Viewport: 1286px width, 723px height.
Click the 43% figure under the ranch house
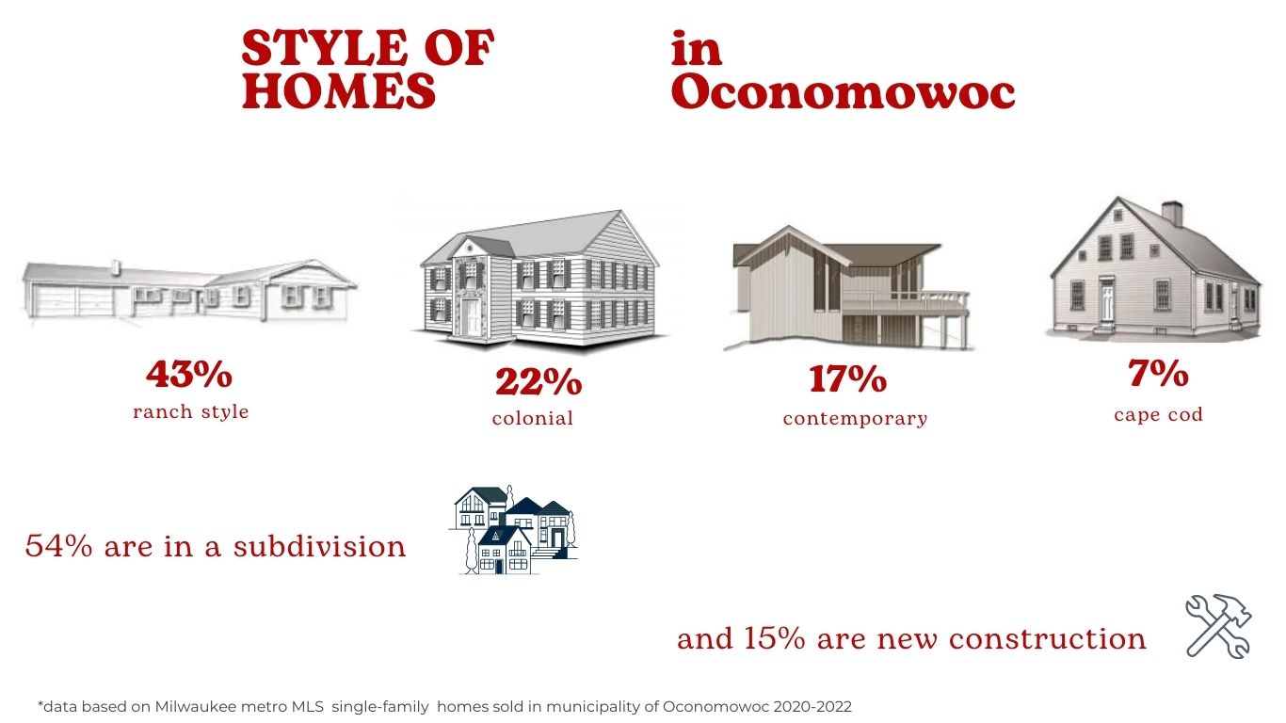click(x=189, y=374)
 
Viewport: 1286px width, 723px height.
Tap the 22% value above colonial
click(x=539, y=381)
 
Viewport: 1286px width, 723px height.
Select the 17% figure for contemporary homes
click(x=847, y=379)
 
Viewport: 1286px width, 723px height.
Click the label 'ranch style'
click(x=190, y=411)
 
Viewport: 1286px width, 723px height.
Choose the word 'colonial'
click(x=533, y=418)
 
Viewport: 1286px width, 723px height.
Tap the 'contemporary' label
click(x=855, y=419)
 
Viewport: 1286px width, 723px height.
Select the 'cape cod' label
click(x=1158, y=414)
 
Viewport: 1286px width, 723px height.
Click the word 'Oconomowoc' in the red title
click(x=843, y=92)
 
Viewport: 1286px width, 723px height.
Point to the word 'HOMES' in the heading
click(x=339, y=90)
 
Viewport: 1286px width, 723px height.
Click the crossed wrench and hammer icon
click(x=1218, y=625)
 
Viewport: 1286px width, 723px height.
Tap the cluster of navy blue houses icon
click(x=513, y=529)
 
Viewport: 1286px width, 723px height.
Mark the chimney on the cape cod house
click(x=1172, y=213)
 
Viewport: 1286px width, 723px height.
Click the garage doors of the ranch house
click(x=73, y=301)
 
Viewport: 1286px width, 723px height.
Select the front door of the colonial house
click(x=472, y=317)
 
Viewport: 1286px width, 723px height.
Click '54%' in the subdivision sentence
click(x=58, y=546)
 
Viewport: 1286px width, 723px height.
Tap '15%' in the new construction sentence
click(x=774, y=638)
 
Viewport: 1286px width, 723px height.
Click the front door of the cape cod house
click(x=1106, y=301)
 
